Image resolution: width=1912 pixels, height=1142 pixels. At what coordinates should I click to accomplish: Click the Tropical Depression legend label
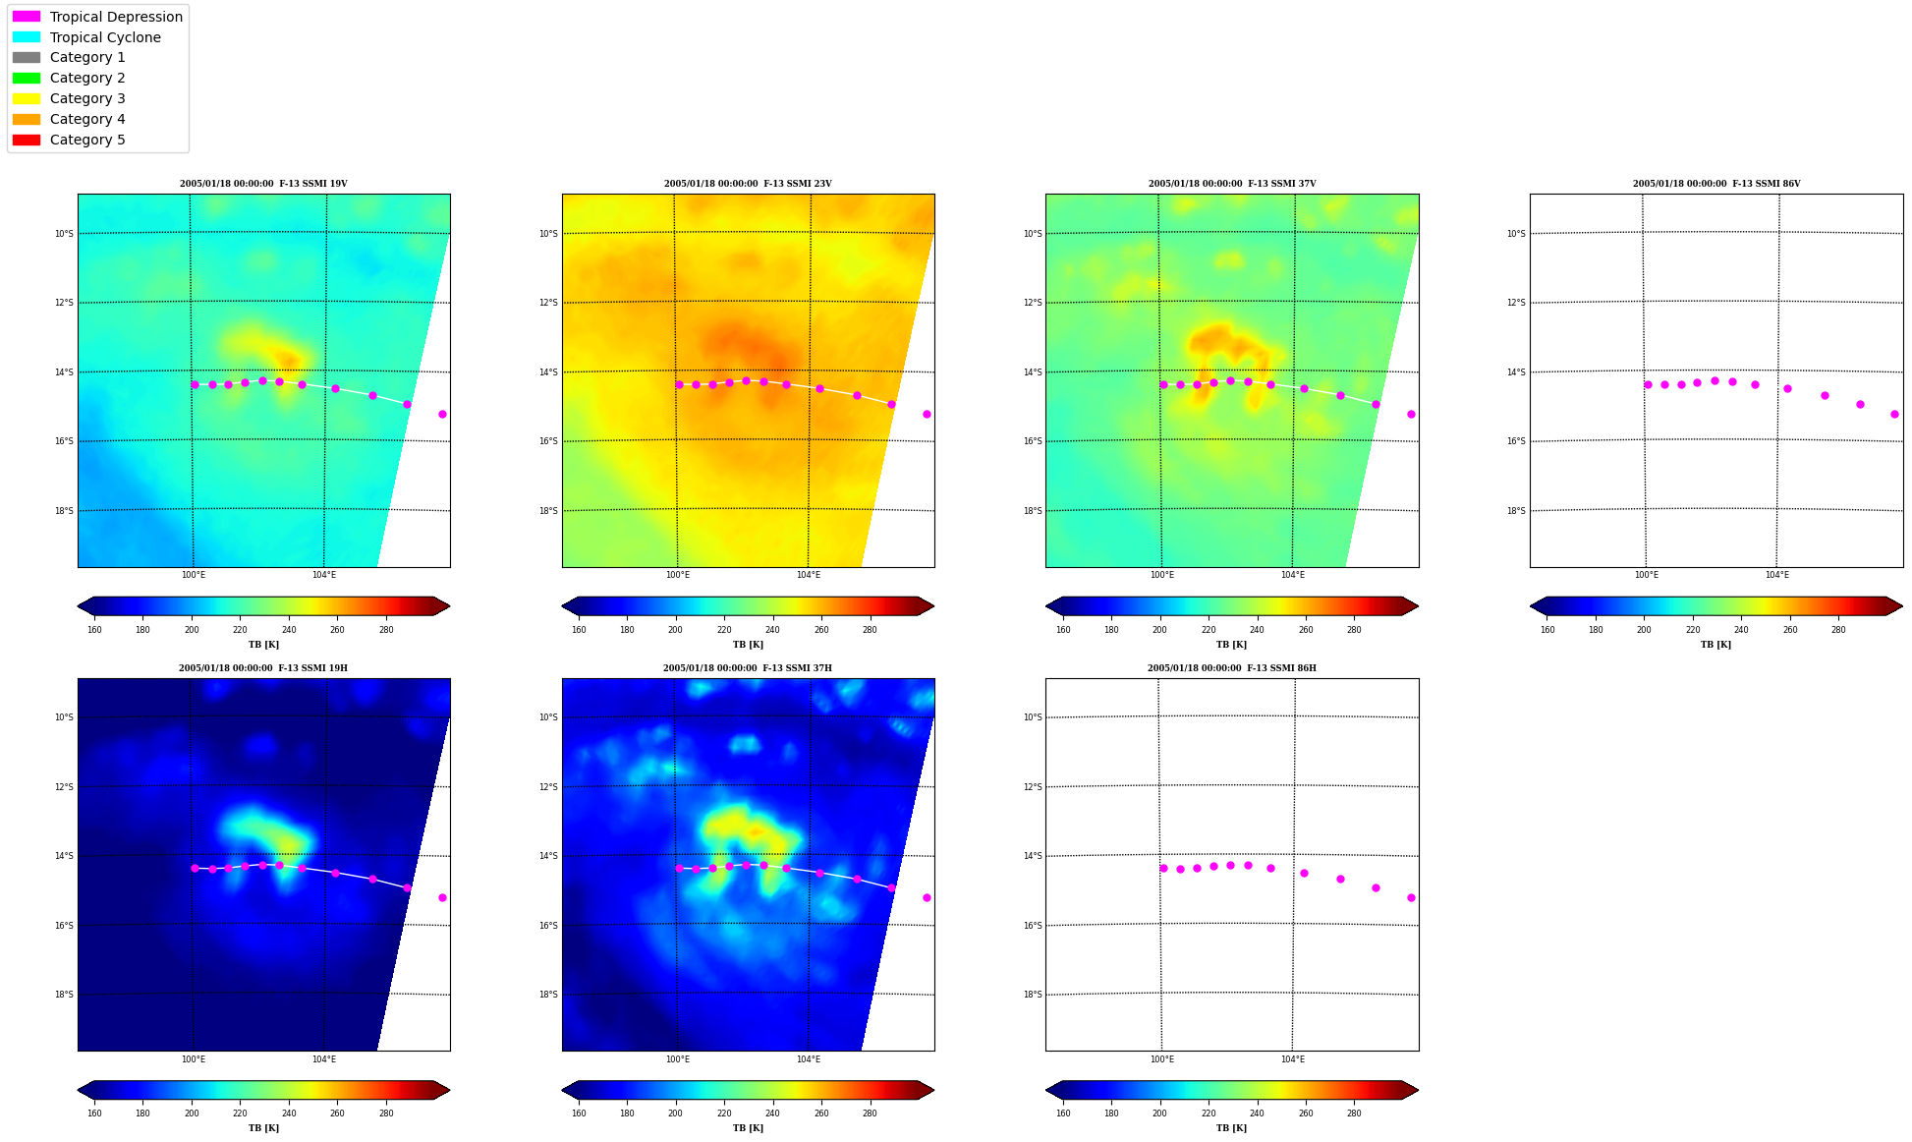click(116, 17)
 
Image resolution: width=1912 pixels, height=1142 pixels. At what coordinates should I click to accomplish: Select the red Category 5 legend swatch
click(27, 140)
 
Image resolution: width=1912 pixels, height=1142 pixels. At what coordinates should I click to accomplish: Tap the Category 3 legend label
click(87, 98)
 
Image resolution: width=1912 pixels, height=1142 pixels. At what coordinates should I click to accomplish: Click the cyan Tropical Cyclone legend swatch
click(27, 37)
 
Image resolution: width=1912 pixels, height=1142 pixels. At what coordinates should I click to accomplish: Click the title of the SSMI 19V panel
click(263, 184)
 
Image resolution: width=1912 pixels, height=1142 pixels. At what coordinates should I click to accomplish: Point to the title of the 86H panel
click(1232, 668)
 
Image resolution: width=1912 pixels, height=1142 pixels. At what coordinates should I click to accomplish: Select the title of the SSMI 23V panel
click(748, 184)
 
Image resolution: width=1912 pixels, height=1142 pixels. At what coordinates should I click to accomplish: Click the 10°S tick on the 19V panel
click(64, 234)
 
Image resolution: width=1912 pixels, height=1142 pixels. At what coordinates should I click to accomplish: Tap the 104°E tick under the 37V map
click(1293, 575)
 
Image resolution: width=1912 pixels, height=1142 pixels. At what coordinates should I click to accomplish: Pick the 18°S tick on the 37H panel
click(548, 995)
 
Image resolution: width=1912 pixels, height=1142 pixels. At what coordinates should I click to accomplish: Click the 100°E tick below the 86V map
click(1647, 575)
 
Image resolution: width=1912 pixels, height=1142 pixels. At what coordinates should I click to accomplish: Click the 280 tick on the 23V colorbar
click(870, 630)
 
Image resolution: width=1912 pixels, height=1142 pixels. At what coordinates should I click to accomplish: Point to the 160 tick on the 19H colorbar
click(94, 1113)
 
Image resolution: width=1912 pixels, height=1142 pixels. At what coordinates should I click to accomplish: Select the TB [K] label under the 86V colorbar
click(1716, 645)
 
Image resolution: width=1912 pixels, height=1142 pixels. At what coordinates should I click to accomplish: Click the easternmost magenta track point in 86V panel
click(1894, 414)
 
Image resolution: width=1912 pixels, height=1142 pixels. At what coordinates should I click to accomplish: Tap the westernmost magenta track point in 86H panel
click(1163, 868)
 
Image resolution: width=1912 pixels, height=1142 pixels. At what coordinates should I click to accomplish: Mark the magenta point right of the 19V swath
click(442, 414)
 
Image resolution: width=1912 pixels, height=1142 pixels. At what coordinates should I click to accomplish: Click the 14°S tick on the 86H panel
click(1033, 856)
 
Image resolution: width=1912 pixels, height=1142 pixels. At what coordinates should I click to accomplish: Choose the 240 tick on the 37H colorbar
click(772, 1113)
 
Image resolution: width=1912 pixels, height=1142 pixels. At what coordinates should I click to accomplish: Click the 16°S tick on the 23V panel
click(548, 441)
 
